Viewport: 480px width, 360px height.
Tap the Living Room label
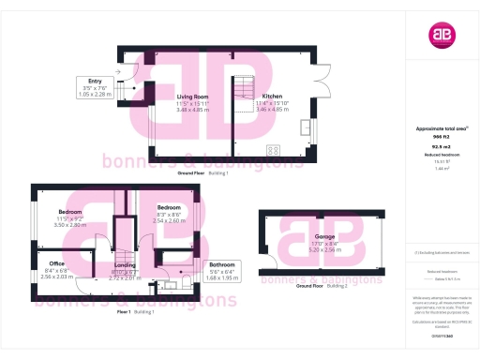[192, 96]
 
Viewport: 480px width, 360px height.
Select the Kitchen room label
[272, 96]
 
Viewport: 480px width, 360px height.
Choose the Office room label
[57, 265]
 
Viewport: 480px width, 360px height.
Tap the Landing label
[125, 265]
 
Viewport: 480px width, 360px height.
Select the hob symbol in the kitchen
[273, 148]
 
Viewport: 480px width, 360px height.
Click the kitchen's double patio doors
[324, 70]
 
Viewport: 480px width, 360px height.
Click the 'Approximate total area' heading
[434, 127]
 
